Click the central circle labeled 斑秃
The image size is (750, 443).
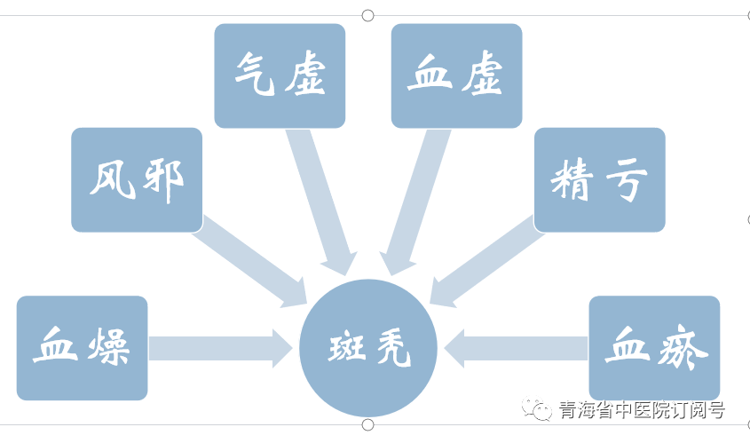[x=368, y=348]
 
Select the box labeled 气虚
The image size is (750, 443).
[x=280, y=75]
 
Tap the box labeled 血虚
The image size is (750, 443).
[x=456, y=75]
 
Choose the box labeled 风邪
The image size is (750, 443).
[x=137, y=179]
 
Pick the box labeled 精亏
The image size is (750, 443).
[x=599, y=179]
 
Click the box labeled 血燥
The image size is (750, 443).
[x=82, y=347]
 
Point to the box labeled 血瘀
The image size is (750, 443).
[x=654, y=347]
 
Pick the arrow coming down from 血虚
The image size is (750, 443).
[x=414, y=200]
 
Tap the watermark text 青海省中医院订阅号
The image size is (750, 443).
[x=642, y=410]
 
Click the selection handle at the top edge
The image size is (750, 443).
[x=367, y=15]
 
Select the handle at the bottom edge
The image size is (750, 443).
[x=367, y=425]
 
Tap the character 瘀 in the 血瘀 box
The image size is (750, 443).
[x=682, y=347]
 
